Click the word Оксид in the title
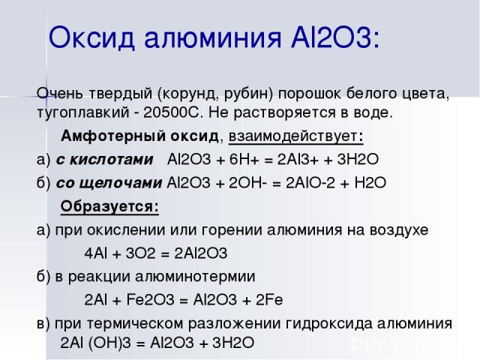pyautogui.click(x=91, y=37)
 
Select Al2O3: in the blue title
pyautogui.click(x=335, y=37)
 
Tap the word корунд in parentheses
pyautogui.click(x=190, y=94)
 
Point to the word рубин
pyautogui.click(x=246, y=94)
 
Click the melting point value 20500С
pyautogui.click(x=171, y=112)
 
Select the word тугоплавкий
pyautogui.click(x=82, y=113)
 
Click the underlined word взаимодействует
pyautogui.click(x=293, y=136)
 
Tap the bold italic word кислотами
pyautogui.click(x=112, y=160)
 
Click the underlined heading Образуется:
pyautogui.click(x=109, y=206)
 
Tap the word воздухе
pyautogui.click(x=399, y=230)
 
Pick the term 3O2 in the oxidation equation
pyautogui.click(x=140, y=253)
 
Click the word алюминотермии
pyautogui.click(x=195, y=277)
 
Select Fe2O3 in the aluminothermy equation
pyautogui.click(x=150, y=300)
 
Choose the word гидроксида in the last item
pyautogui.click(x=329, y=324)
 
